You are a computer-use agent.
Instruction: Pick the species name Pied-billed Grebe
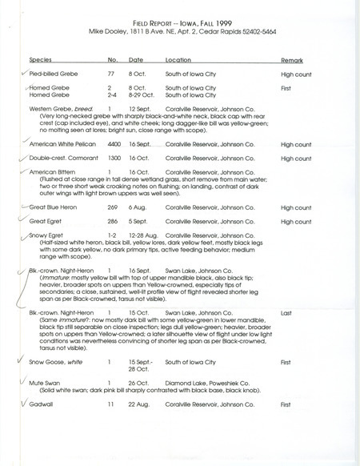coord(52,74)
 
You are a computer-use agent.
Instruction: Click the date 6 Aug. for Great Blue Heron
coord(139,206)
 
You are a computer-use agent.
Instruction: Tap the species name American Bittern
coord(53,173)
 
